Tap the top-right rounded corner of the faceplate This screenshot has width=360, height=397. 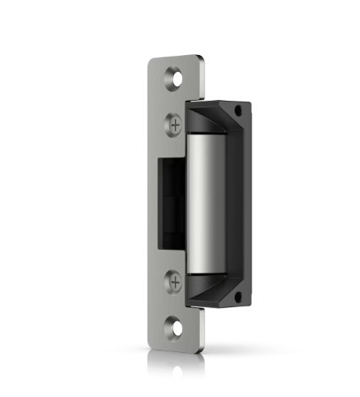202,58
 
